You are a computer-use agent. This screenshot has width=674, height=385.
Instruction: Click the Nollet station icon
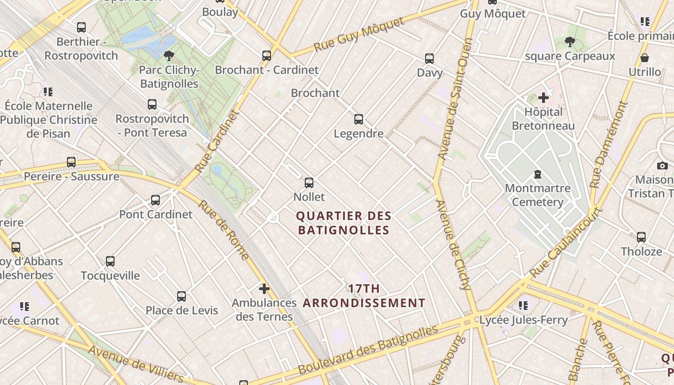click(309, 183)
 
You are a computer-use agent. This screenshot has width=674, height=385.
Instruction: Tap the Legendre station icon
click(358, 119)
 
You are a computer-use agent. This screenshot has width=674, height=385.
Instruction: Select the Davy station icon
click(429, 59)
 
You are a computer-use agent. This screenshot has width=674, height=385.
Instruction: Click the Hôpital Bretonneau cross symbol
click(544, 98)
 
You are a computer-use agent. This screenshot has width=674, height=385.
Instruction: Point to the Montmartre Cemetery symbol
click(538, 174)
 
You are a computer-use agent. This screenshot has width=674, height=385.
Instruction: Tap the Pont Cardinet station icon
click(155, 200)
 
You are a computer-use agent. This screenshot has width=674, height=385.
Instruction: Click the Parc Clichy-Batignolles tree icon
click(168, 56)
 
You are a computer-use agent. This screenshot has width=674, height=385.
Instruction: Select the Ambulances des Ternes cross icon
click(264, 289)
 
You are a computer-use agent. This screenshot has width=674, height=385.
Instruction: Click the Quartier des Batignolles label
click(344, 223)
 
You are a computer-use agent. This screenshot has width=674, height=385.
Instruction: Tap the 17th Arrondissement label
click(364, 296)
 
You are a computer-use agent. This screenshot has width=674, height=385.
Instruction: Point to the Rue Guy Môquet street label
click(359, 35)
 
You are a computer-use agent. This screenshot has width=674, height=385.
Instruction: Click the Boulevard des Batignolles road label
click(368, 350)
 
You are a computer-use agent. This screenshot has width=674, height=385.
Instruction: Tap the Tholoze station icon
click(641, 237)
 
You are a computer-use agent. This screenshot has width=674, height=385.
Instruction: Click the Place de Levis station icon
click(181, 296)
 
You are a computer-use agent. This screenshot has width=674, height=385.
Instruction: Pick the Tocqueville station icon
click(110, 261)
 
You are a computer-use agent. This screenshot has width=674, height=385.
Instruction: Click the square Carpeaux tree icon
click(570, 42)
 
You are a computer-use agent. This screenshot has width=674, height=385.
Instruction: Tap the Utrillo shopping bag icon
click(645, 58)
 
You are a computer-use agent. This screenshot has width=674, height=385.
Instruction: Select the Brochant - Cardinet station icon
click(267, 56)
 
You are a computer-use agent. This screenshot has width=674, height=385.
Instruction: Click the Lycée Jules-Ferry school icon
click(523, 306)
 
